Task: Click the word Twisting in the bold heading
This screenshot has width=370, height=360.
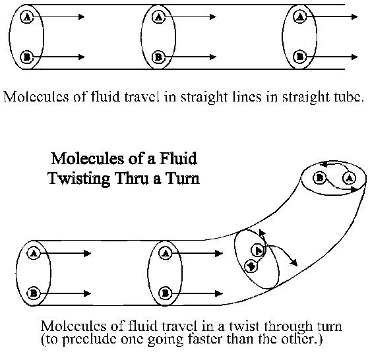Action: (79, 179)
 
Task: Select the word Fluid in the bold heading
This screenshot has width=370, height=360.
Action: (178, 158)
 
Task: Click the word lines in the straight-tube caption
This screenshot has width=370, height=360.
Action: (247, 97)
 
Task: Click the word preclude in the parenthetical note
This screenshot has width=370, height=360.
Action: (89, 340)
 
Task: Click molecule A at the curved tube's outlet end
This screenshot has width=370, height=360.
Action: (350, 178)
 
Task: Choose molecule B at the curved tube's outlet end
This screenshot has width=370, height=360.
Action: (319, 177)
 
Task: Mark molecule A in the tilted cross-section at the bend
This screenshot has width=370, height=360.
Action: (258, 251)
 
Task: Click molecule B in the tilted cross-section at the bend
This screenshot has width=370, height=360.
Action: (251, 266)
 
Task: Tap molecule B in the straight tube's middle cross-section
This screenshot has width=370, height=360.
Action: (158, 57)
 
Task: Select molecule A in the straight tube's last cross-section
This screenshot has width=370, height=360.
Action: (300, 16)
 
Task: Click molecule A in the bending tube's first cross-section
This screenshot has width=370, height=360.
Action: (34, 254)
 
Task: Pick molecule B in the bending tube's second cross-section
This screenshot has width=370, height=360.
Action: (166, 293)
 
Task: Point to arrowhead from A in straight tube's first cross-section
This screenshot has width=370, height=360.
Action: (81, 16)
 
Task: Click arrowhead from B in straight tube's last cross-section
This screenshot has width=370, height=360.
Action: (355, 57)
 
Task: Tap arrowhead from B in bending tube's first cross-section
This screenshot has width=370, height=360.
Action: (88, 293)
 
